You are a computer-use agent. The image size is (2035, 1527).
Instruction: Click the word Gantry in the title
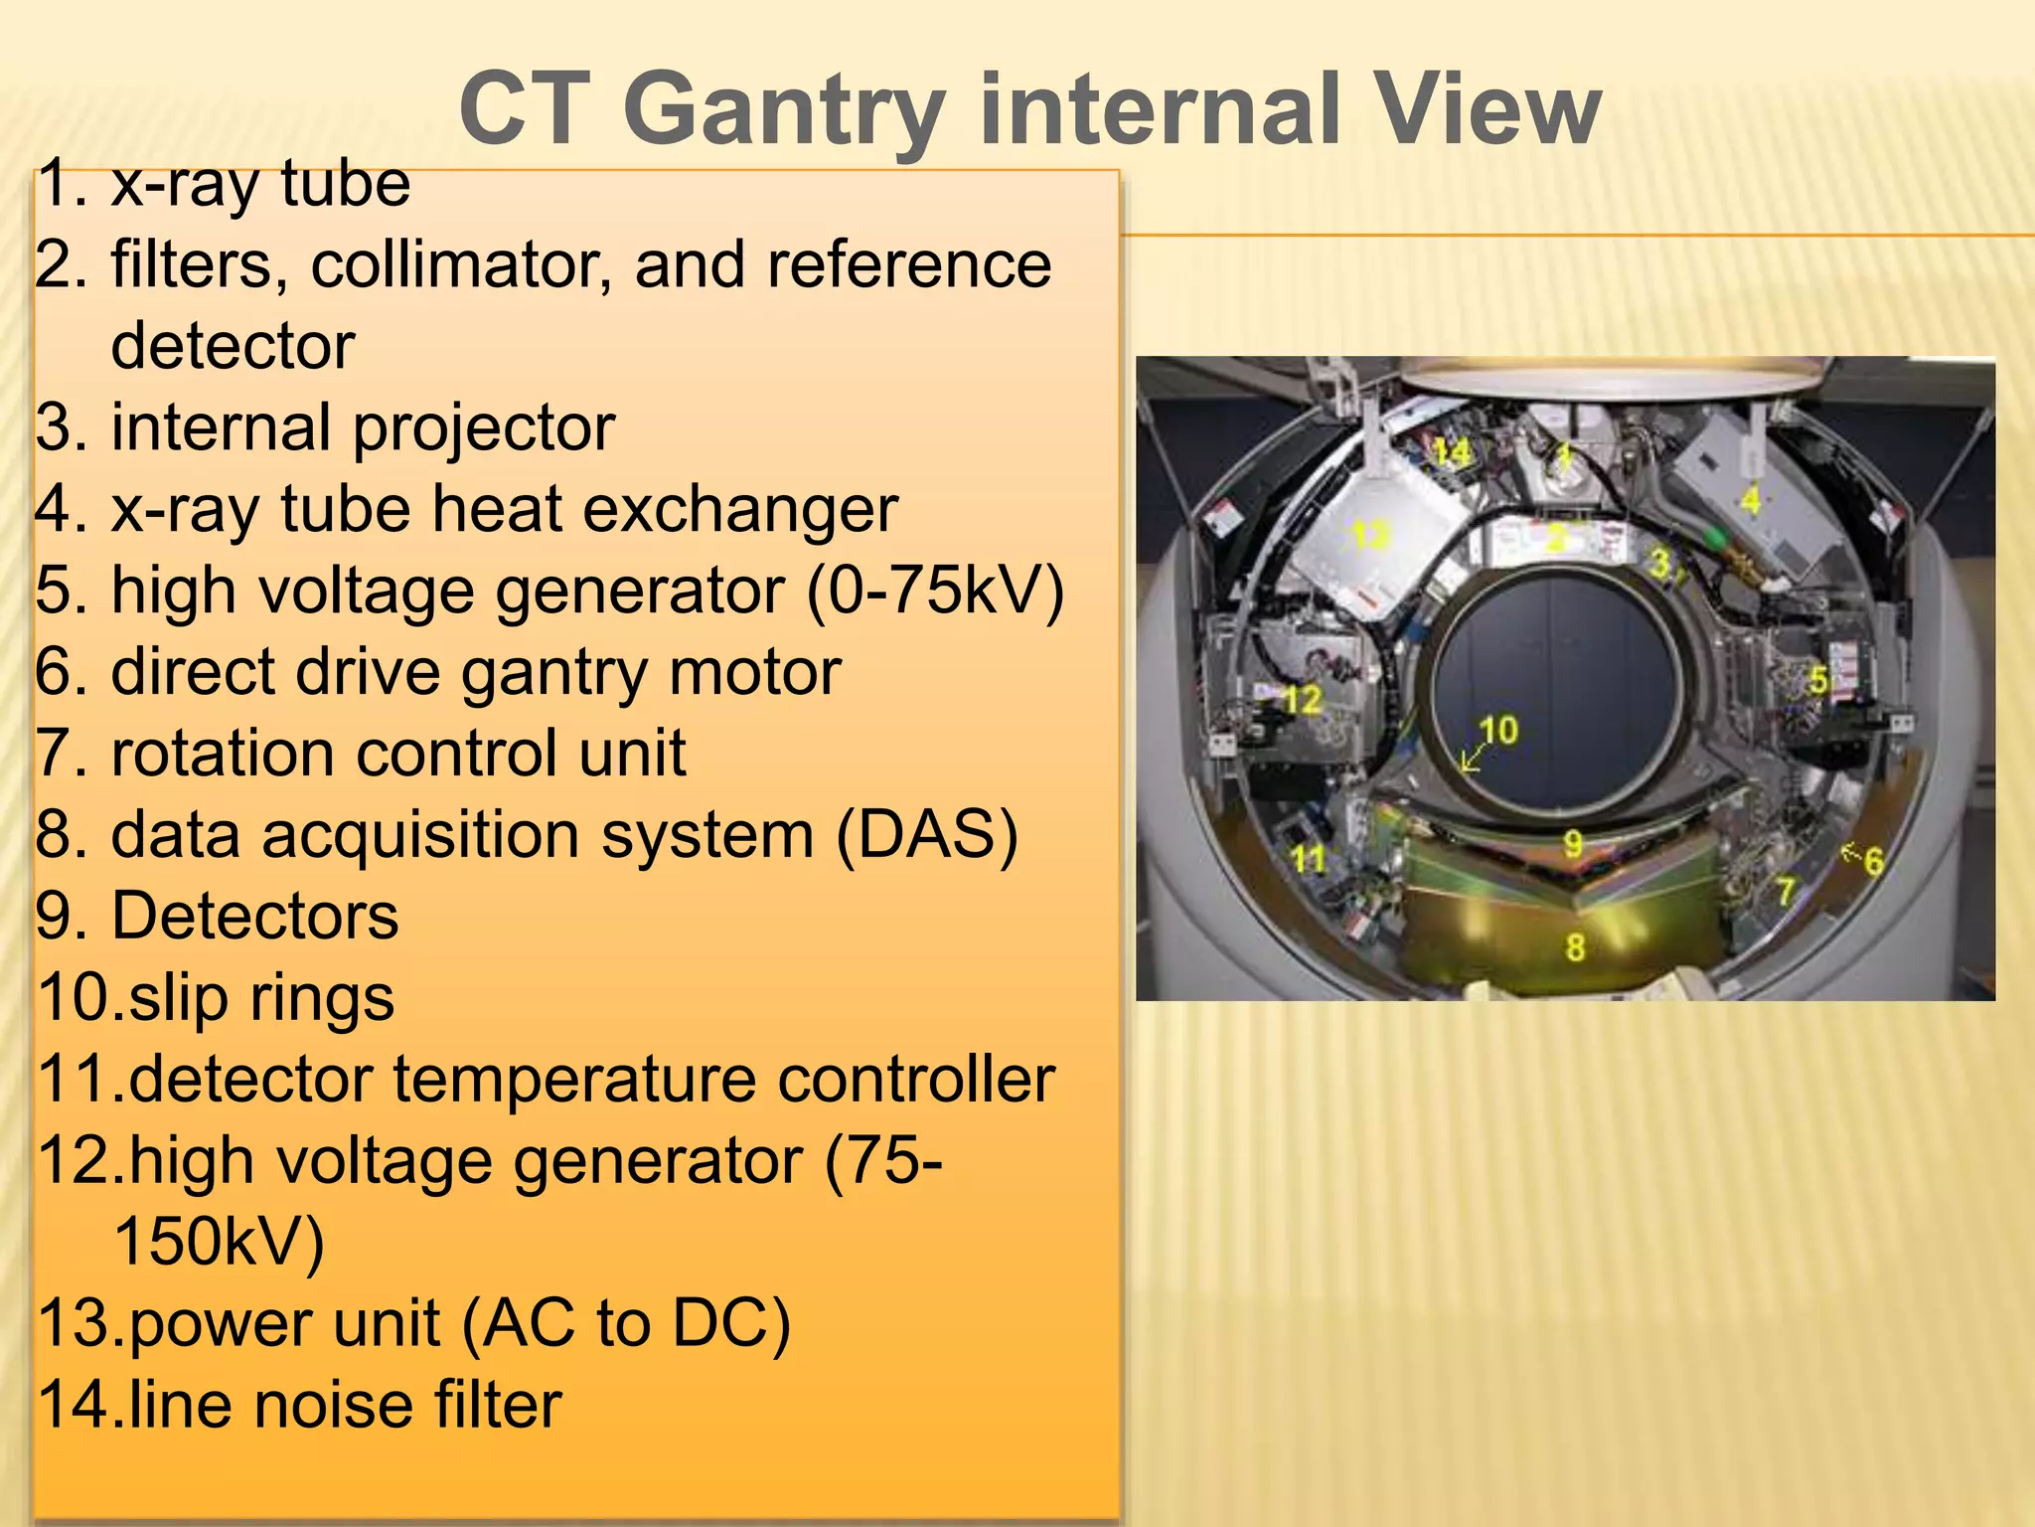785,111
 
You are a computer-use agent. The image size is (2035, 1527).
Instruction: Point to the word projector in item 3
484,428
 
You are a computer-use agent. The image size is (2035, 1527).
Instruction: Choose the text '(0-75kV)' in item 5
934,592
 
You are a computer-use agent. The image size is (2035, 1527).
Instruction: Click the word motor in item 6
754,673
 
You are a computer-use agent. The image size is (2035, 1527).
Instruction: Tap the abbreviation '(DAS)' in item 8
926,835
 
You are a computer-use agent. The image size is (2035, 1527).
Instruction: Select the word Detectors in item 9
254,917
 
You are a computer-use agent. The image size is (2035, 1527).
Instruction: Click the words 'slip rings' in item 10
261,998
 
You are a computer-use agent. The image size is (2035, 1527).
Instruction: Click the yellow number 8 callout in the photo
1575,946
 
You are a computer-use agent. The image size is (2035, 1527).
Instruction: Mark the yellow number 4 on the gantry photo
1751,499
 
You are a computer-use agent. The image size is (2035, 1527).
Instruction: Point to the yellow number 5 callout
1817,680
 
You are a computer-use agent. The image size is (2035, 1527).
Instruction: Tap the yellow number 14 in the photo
1451,453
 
